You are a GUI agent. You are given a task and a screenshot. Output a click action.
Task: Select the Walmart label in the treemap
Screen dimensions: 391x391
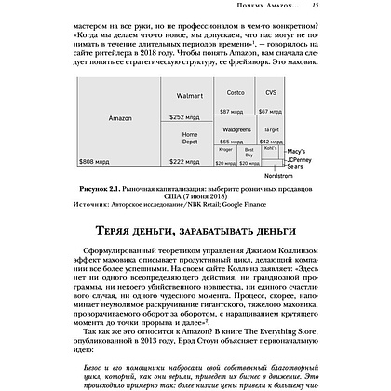(x=189, y=96)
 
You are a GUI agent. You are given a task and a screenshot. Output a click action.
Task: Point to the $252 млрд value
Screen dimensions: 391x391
(x=183, y=117)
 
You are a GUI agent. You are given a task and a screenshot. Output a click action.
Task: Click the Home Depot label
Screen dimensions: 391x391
(x=189, y=137)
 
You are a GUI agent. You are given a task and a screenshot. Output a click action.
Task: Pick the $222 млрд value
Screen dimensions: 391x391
(x=183, y=162)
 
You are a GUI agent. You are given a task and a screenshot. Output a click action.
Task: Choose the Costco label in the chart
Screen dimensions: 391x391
(x=236, y=93)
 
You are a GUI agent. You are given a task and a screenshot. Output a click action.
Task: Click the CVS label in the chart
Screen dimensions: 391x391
(x=271, y=93)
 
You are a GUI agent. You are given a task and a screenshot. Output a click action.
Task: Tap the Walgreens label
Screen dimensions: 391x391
(x=236, y=122)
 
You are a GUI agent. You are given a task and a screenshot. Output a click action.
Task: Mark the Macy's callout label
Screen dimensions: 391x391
(x=299, y=150)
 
